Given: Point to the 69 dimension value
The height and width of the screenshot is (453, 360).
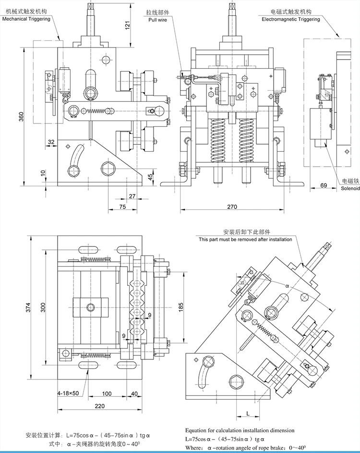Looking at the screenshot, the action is (323, 185).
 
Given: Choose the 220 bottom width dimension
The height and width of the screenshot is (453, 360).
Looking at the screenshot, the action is (99, 406).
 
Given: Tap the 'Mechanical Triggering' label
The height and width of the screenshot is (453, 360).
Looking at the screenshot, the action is (26, 20).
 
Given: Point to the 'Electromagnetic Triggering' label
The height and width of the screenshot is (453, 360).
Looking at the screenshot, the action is (290, 20).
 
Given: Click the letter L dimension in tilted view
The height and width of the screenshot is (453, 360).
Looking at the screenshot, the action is (247, 413).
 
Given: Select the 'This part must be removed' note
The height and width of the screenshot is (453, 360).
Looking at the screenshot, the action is (245, 239).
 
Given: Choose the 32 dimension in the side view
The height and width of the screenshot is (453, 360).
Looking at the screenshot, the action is (51, 142).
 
